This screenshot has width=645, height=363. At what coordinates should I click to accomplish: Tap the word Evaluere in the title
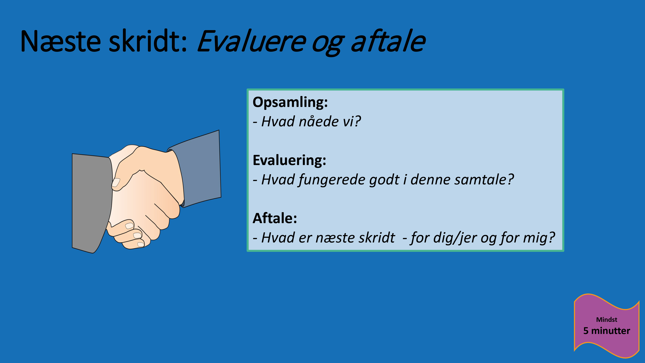[251, 41]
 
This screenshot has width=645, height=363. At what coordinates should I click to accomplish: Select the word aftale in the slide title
[388, 41]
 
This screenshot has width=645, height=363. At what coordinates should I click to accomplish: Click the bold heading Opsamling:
[290, 102]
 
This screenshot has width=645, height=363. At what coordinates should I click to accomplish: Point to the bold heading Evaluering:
[289, 160]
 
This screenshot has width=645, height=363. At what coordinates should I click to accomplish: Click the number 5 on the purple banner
[586, 331]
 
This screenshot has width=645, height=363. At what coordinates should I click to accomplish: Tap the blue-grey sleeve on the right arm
[200, 168]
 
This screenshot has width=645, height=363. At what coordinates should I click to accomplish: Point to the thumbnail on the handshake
[116, 182]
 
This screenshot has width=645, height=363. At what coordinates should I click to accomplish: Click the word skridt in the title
[148, 41]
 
